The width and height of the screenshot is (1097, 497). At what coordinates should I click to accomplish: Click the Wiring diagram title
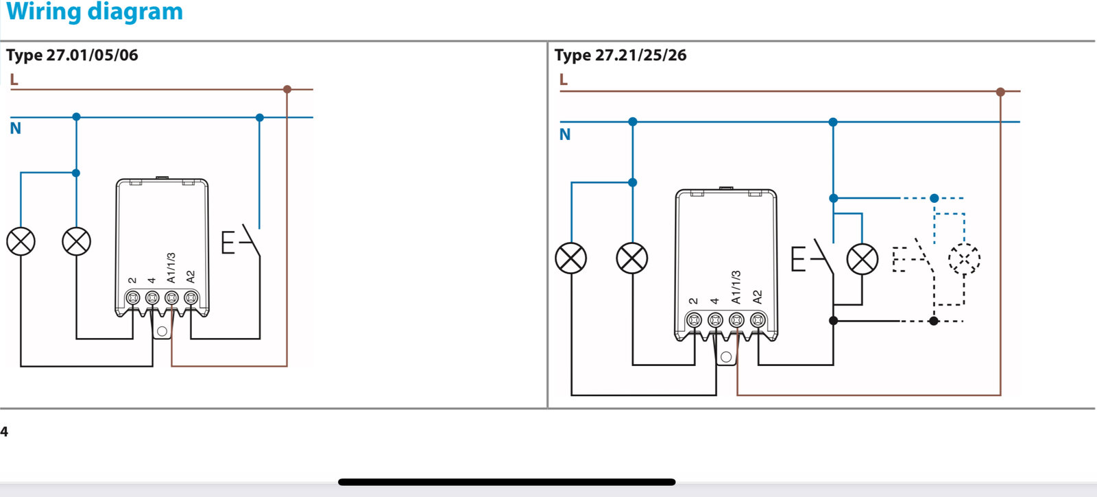[95, 12]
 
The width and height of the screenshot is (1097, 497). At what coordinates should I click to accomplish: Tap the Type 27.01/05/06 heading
[72, 56]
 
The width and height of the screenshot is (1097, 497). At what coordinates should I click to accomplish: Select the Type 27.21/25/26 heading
[620, 56]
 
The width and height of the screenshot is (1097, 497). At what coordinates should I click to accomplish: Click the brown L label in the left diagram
[14, 80]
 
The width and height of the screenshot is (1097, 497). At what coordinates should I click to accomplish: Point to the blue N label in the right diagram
[565, 134]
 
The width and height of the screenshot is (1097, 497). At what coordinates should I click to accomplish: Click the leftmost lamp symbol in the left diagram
[21, 241]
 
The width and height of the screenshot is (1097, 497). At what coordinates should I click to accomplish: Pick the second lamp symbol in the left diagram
[76, 241]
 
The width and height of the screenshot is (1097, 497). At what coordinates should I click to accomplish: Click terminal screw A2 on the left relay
[191, 298]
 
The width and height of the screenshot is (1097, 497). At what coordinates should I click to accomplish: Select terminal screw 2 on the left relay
[133, 298]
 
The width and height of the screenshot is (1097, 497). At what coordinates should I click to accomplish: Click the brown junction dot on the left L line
[287, 89]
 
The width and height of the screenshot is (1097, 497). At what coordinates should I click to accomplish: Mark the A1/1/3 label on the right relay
[736, 287]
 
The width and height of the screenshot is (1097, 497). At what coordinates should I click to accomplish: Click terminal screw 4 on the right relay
[715, 319]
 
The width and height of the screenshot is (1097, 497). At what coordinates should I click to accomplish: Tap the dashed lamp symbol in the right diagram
[964, 260]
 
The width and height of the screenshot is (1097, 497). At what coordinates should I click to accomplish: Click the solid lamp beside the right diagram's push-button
[862, 260]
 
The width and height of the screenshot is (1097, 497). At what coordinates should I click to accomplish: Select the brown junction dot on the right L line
[1000, 91]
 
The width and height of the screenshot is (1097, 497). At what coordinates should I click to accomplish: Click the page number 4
[4, 432]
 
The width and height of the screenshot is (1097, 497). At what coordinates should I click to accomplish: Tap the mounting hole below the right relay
[726, 356]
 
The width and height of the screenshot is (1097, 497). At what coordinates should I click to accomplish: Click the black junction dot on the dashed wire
[933, 321]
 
